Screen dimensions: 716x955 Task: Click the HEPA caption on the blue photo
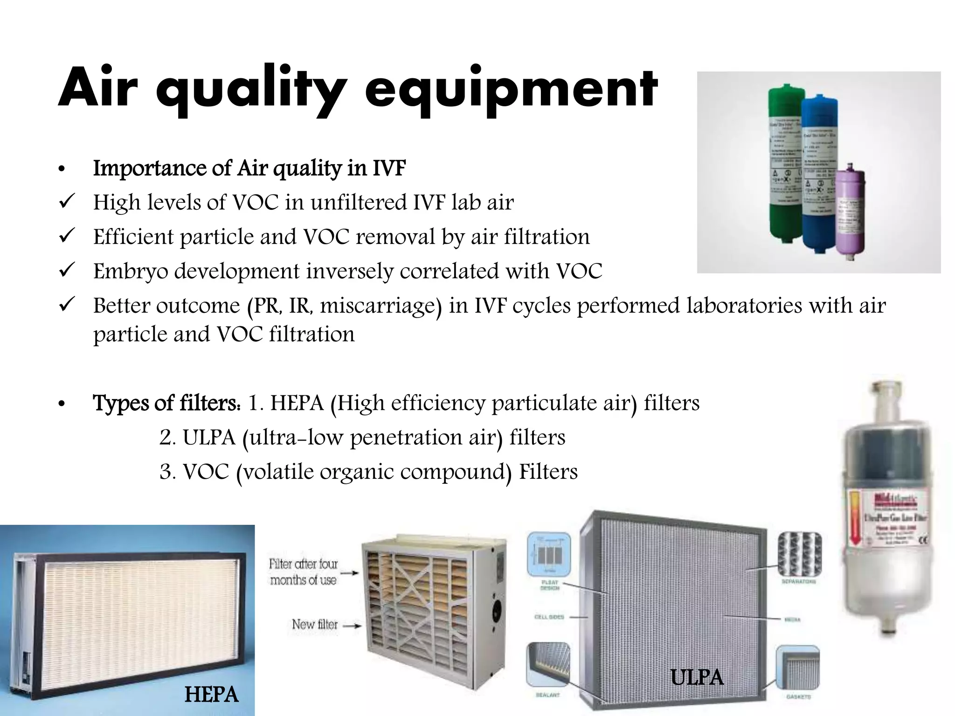tap(211, 695)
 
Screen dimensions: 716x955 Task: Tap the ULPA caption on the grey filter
tap(697, 677)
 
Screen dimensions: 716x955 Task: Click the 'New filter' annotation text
tap(314, 624)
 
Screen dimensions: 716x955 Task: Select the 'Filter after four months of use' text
tap(303, 572)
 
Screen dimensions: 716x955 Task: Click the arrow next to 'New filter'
tap(352, 626)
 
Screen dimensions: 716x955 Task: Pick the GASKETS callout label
tap(798, 697)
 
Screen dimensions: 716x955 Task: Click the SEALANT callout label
tap(547, 695)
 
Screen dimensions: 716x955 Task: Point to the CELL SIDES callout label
tap(549, 617)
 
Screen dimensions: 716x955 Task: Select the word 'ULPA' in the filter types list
tap(209, 438)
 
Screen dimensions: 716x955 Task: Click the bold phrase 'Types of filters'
tap(166, 403)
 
